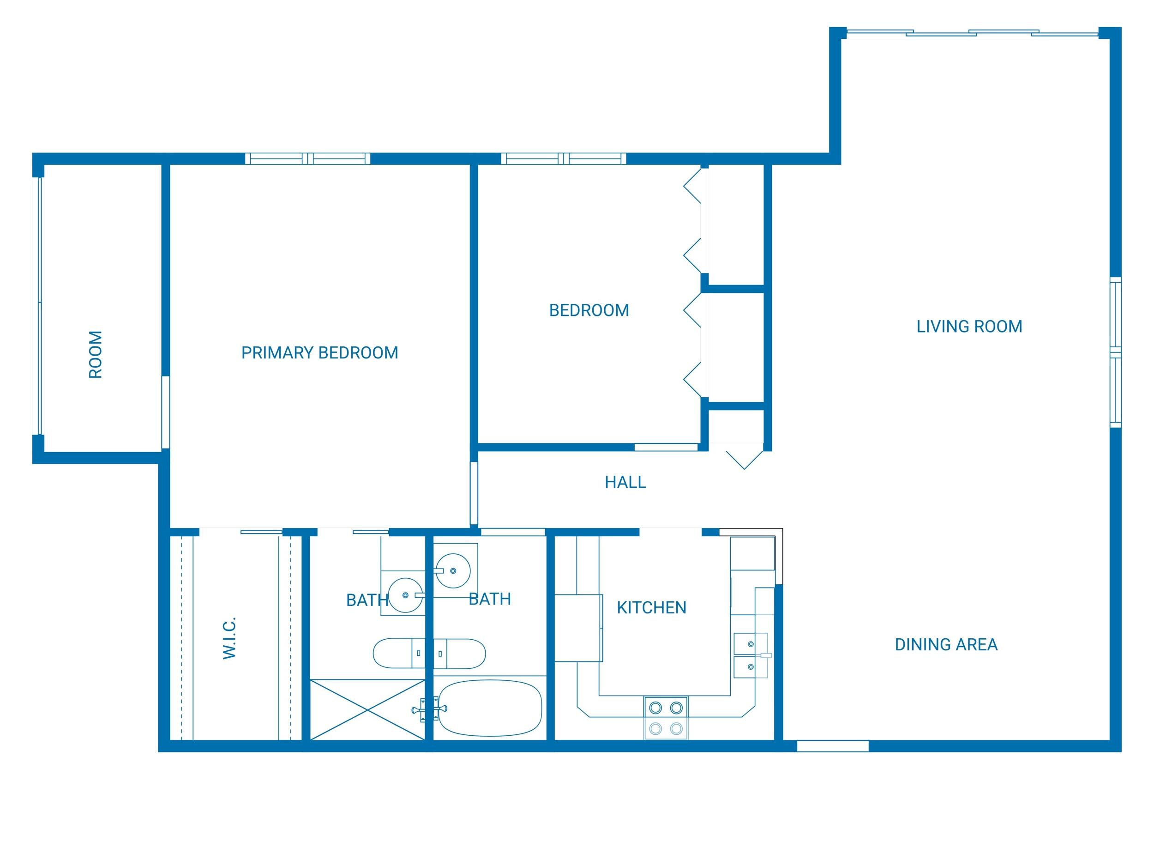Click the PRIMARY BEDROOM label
pos(319,353)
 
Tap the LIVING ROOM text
pos(969,327)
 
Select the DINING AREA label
pos(946,645)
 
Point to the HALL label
pos(625,482)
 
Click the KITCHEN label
pos(651,608)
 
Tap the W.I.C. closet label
pos(229,637)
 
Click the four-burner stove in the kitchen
pos(666,717)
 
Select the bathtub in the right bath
pos(489,708)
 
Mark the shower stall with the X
pos(368,709)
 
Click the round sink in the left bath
pos(405,595)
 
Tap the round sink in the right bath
pos(453,570)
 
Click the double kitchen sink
pos(750,655)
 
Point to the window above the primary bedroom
pos(307,159)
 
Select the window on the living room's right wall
pos(1115,352)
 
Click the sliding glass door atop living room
pos(971,33)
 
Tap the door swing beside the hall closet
pos(745,457)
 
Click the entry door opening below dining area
pos(832,746)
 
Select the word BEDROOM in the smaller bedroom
pos(589,310)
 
